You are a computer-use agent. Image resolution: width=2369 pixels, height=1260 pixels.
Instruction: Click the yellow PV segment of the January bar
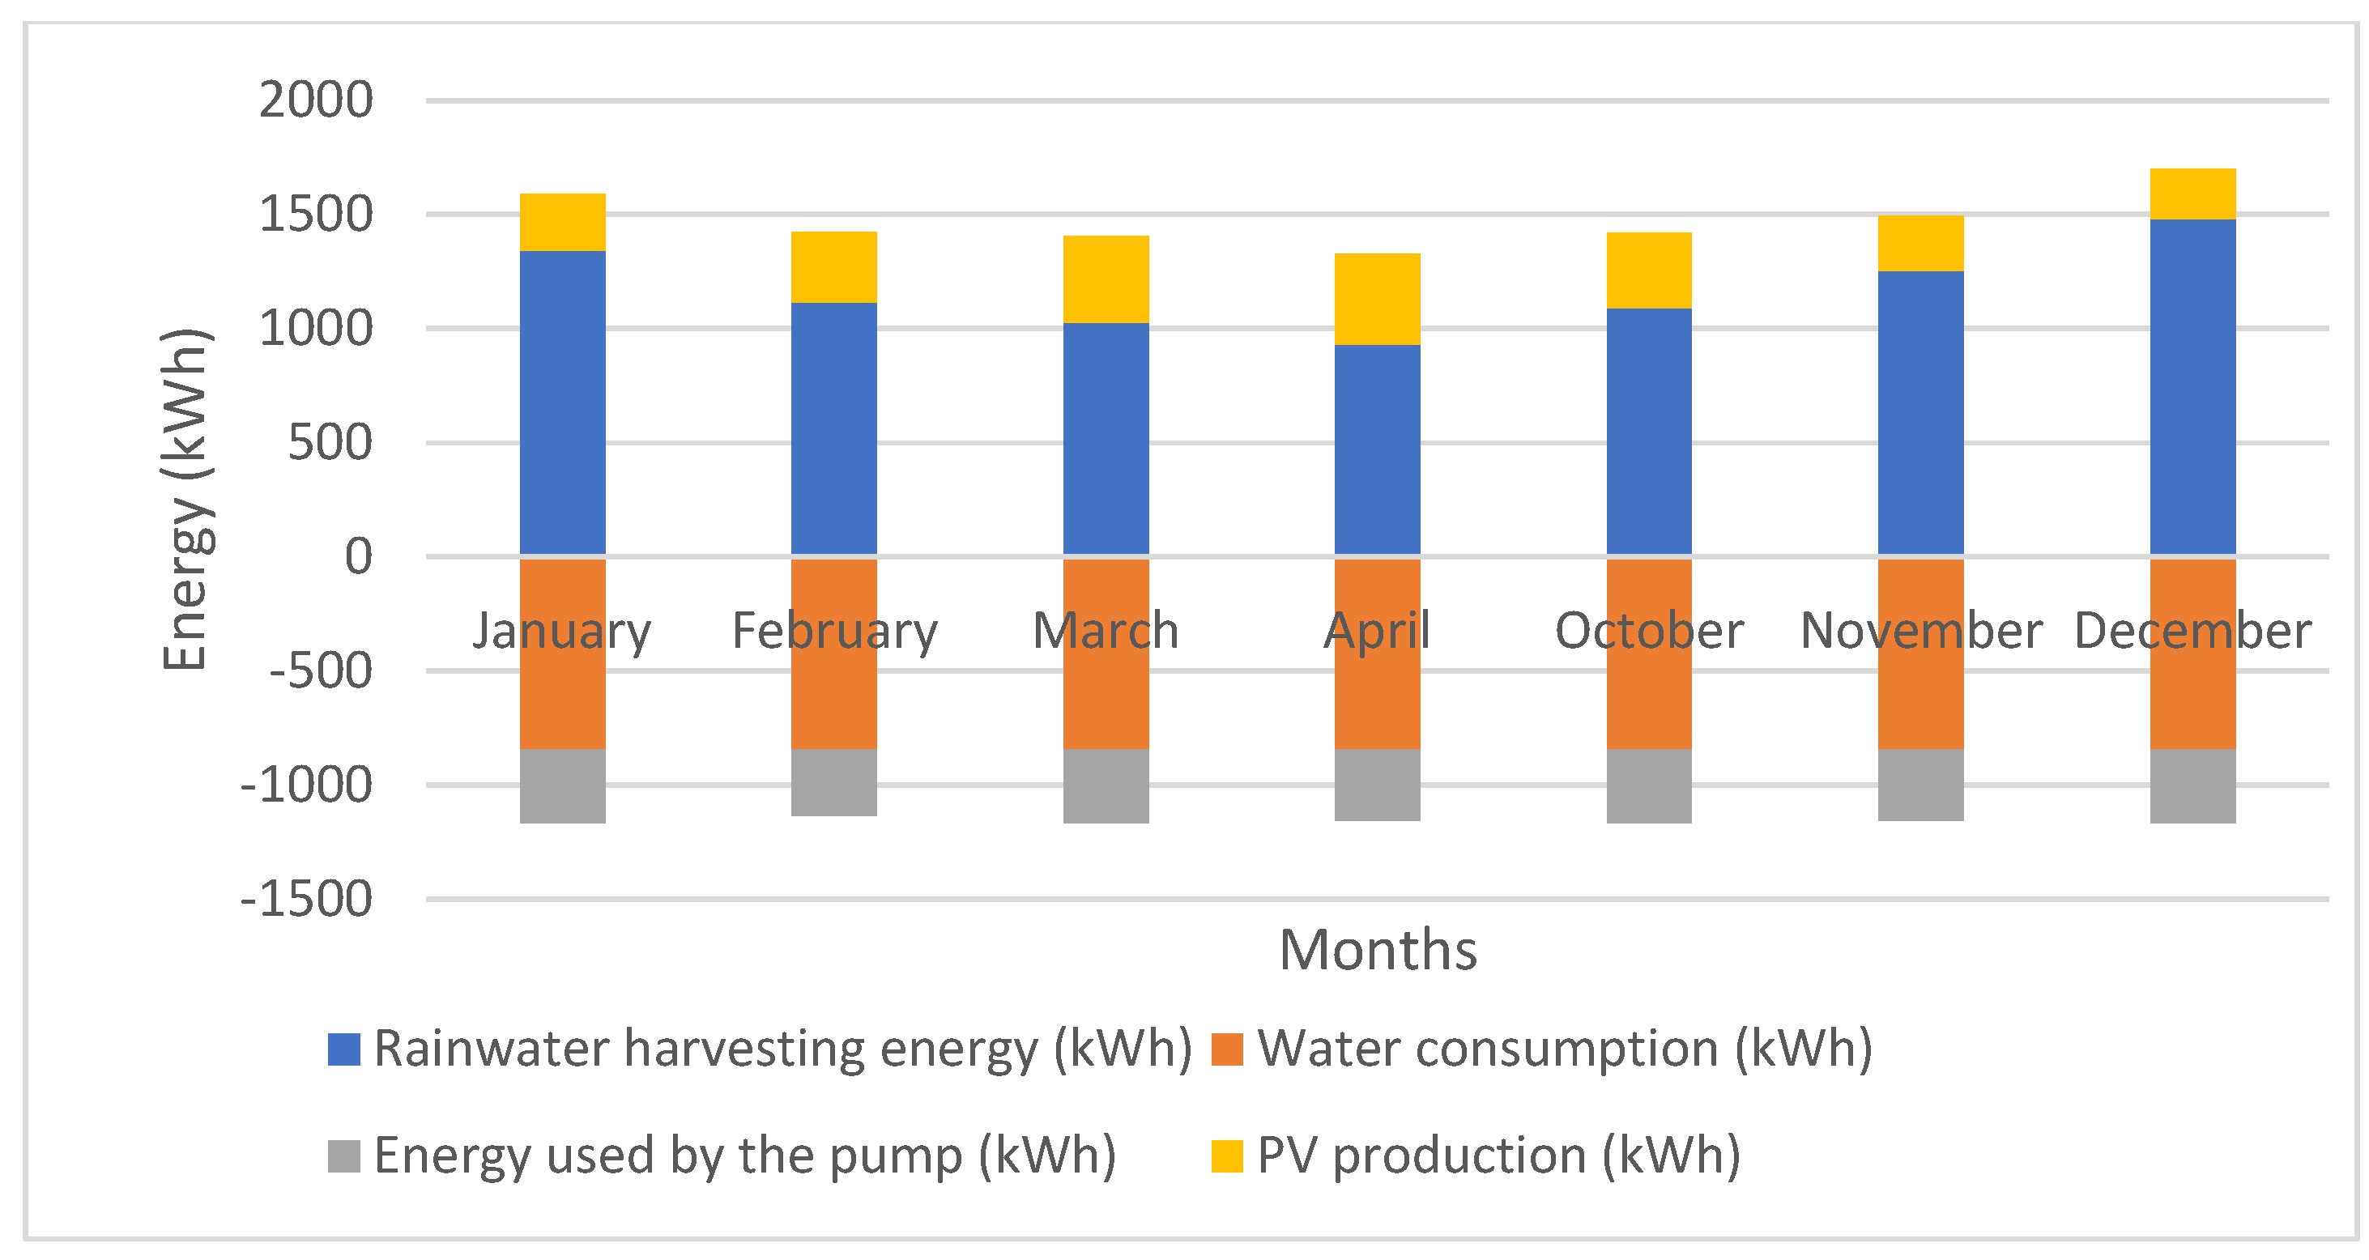pyautogui.click(x=562, y=222)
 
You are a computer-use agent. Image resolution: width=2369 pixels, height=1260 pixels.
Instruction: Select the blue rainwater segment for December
pyautogui.click(x=2192, y=386)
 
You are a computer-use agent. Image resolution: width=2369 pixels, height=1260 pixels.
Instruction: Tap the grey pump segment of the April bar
pyautogui.click(x=1377, y=785)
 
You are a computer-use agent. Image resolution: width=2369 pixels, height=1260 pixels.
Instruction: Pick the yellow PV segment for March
pyautogui.click(x=1106, y=279)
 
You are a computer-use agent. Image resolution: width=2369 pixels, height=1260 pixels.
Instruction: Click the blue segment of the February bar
pyautogui.click(x=833, y=428)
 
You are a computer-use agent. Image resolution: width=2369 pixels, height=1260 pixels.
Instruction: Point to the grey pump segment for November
pyautogui.click(x=1920, y=785)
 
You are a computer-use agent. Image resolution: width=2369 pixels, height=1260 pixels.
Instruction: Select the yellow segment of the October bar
pyautogui.click(x=1648, y=270)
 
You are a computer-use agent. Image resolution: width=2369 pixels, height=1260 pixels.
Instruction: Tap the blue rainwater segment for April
pyautogui.click(x=1377, y=449)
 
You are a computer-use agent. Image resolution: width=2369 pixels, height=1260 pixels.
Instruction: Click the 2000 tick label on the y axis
pyautogui.click(x=315, y=100)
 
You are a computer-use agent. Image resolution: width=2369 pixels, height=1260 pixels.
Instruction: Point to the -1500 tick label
pyautogui.click(x=306, y=899)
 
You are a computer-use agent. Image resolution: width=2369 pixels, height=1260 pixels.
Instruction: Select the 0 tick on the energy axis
pyautogui.click(x=358, y=556)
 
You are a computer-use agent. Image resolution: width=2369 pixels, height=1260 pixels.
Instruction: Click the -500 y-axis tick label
pyautogui.click(x=320, y=670)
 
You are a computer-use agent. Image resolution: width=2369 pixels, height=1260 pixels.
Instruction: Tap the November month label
pyautogui.click(x=1920, y=631)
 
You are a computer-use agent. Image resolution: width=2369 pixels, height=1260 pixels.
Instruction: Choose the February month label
pyautogui.click(x=834, y=631)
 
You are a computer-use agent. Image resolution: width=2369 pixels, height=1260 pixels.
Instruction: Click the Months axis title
pyautogui.click(x=1378, y=949)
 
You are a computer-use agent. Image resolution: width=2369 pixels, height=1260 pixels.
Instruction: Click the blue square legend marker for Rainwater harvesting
pyautogui.click(x=343, y=1049)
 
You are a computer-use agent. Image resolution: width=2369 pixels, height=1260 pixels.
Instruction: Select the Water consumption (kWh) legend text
pyautogui.click(x=1564, y=1049)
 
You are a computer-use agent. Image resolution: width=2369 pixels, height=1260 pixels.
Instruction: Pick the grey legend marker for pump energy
pyautogui.click(x=343, y=1156)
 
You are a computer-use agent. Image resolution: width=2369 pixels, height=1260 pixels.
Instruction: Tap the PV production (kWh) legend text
pyautogui.click(x=1498, y=1156)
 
